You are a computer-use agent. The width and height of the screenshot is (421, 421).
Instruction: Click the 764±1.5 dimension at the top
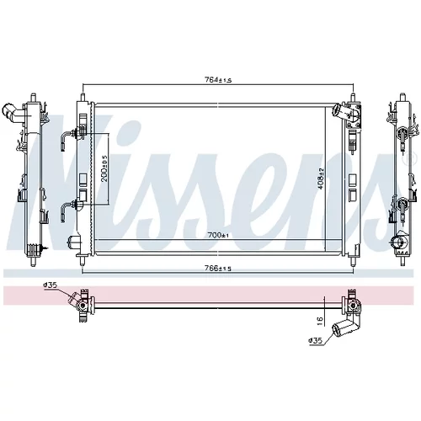tap(218, 80)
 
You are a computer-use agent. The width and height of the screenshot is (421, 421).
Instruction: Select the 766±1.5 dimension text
tap(218, 269)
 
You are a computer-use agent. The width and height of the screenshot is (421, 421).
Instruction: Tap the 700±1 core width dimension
tap(218, 235)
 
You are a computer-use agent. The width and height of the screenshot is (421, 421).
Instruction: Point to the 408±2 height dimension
tap(321, 179)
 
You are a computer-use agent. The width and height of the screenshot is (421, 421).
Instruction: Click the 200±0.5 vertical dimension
tap(104, 168)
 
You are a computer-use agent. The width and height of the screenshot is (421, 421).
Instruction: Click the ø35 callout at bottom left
tap(51, 285)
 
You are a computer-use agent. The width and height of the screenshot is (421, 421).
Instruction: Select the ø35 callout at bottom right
tap(315, 341)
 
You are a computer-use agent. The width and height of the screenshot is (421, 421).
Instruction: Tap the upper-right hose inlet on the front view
tap(338, 109)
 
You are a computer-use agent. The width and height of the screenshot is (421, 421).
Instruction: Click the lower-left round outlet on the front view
tap(74, 242)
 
